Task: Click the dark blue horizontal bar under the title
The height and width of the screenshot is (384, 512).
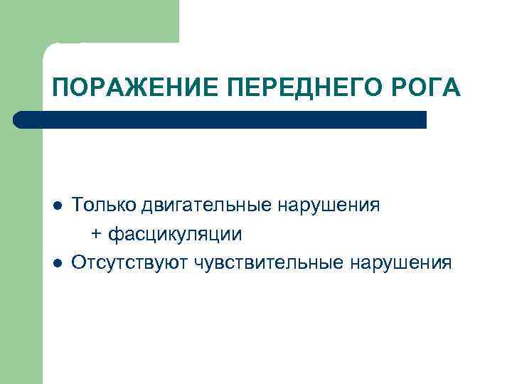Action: (220, 119)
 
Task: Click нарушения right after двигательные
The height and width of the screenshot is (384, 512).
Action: (330, 206)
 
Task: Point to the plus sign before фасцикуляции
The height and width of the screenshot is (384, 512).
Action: (96, 235)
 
